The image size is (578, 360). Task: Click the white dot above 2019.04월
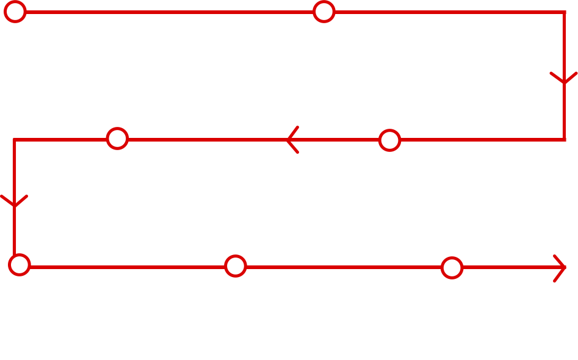coord(15,12)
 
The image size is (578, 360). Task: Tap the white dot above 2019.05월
coord(324,12)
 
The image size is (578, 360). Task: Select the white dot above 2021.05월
coord(117,139)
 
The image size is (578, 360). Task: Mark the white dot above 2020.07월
coord(389,140)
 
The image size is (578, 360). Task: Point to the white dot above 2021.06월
coord(20,265)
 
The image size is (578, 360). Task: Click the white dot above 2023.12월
coord(236,266)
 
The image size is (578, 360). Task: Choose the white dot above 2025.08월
coord(452,268)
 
